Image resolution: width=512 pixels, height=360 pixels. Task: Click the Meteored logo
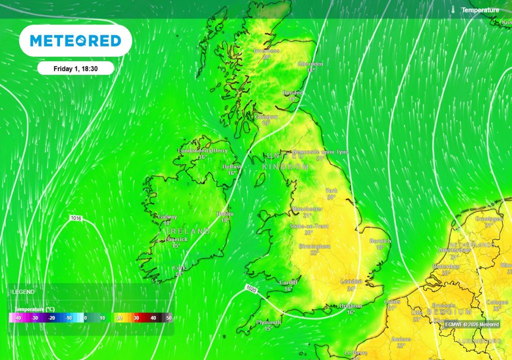pos(75,40)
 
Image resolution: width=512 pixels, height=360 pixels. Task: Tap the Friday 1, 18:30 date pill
pos(75,68)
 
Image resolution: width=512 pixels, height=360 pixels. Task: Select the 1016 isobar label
pos(76,218)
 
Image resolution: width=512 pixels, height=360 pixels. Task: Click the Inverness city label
pos(266,51)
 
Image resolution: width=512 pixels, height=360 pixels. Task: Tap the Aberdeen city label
pos(310,64)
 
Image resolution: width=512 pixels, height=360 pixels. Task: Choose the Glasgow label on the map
pos(266,117)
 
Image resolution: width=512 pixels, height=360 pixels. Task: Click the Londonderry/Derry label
pos(202,150)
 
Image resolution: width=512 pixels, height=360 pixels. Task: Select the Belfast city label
pos(232,166)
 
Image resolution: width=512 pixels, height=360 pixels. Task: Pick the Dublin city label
pos(225,213)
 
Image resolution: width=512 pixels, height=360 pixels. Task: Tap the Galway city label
pos(167,217)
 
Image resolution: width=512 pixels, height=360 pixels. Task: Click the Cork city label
pos(179,268)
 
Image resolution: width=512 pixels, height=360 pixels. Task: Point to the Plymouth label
pos(268,322)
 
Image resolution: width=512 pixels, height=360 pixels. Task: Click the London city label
pos(351,282)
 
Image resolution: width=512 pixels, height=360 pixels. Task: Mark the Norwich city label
pos(380,241)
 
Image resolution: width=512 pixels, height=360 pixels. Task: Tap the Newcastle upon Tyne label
pos(320,151)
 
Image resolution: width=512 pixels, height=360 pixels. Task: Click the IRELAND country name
pos(184,231)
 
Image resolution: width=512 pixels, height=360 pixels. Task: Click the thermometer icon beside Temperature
pos(452,10)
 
